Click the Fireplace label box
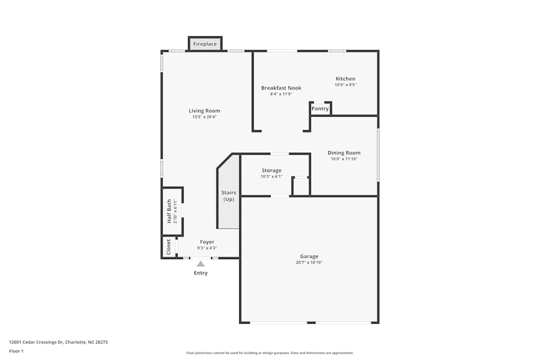(205, 44)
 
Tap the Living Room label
(204, 111)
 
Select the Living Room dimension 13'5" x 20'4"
(204, 117)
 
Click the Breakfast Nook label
(281, 88)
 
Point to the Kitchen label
(346, 79)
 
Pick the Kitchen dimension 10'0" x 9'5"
(346, 85)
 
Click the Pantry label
(320, 108)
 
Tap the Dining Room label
(344, 153)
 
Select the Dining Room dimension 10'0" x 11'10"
(344, 159)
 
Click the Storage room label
(272, 171)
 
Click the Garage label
(309, 256)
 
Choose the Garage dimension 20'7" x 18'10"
(309, 263)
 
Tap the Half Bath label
(169, 211)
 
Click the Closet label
(168, 247)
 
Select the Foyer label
(207, 242)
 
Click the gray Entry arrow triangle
(200, 264)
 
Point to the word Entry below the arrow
(200, 273)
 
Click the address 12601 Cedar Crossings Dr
(62, 342)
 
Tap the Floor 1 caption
(16, 351)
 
